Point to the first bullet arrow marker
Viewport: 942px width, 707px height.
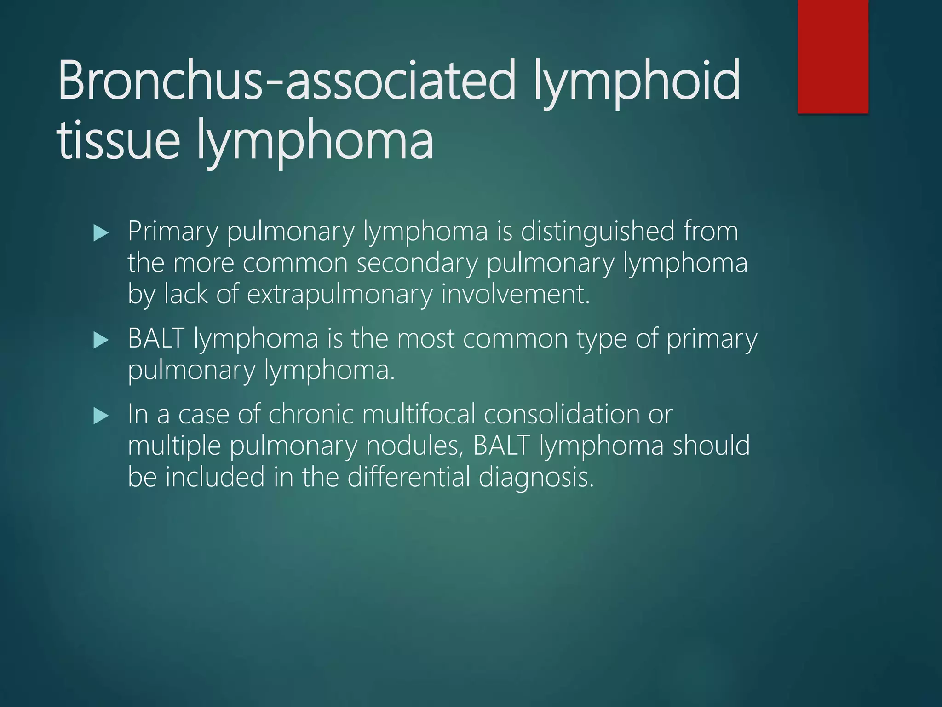(100, 233)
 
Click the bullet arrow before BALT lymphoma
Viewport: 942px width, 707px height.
(100, 341)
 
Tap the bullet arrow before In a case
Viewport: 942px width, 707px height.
(100, 417)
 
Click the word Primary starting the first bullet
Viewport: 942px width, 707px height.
(172, 232)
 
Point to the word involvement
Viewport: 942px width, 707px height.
(515, 294)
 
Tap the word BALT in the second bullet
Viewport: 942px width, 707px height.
(156, 339)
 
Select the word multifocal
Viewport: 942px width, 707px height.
(419, 414)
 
